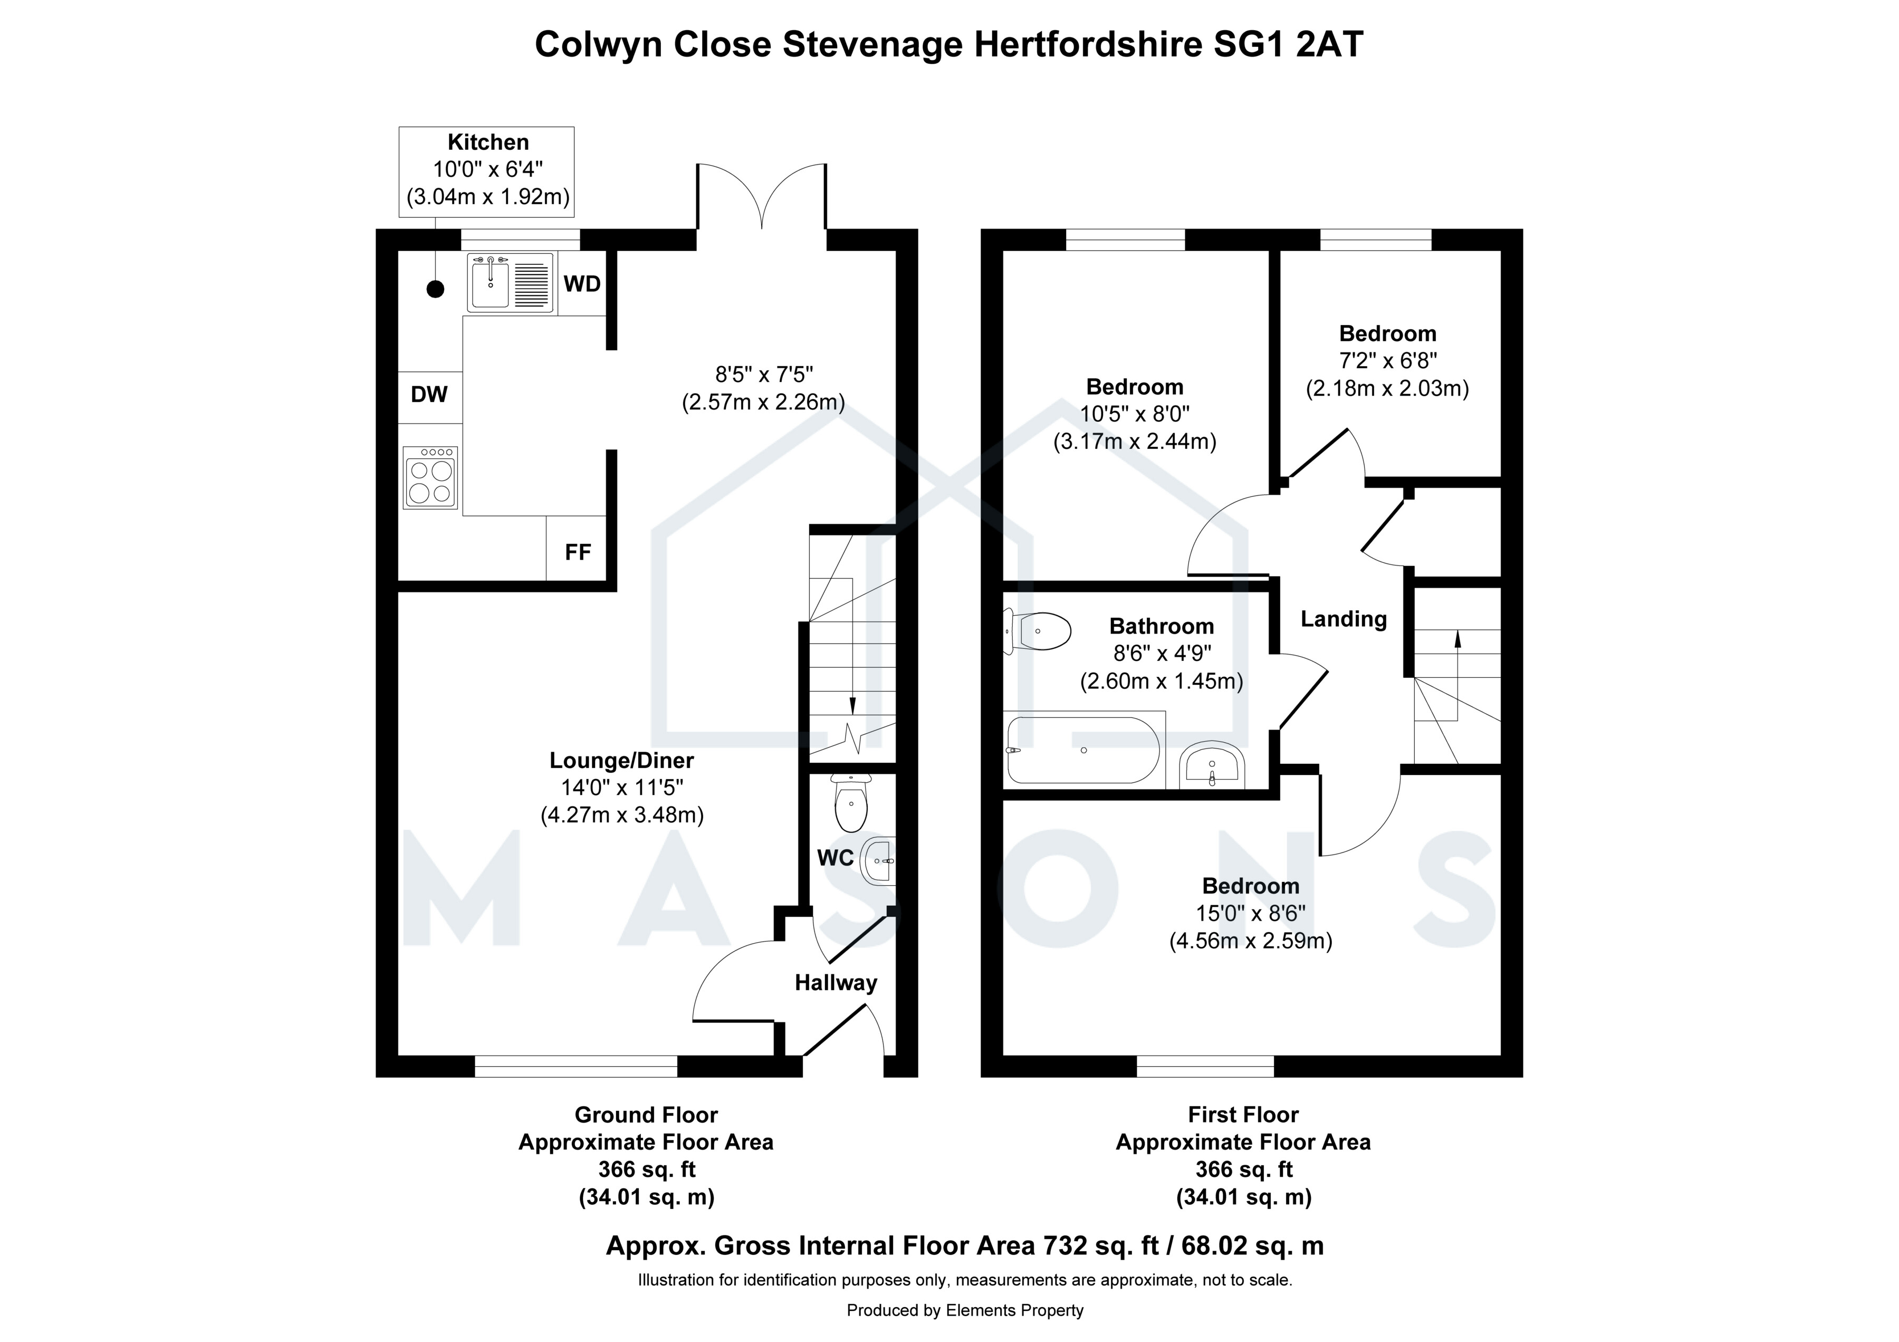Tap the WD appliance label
coord(582,284)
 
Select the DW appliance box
coord(430,397)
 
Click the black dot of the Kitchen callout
coord(435,289)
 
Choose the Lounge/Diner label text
coord(622,760)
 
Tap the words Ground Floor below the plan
coord(646,1115)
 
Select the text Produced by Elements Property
coord(964,1310)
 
